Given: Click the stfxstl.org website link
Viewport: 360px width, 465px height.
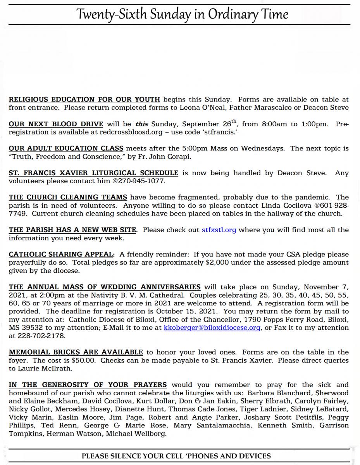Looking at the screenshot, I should click(219, 230).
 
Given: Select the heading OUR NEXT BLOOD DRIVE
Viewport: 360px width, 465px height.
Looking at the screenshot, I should click(56, 124).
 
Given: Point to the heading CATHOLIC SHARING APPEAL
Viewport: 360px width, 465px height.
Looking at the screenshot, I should click(62, 255).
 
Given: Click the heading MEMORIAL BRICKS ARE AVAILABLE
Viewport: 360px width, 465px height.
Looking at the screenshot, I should click(76, 352).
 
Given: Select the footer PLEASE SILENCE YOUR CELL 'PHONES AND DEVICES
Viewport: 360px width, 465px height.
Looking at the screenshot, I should click(176, 456).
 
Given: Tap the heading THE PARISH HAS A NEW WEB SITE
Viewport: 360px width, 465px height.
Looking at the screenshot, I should click(72, 230).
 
